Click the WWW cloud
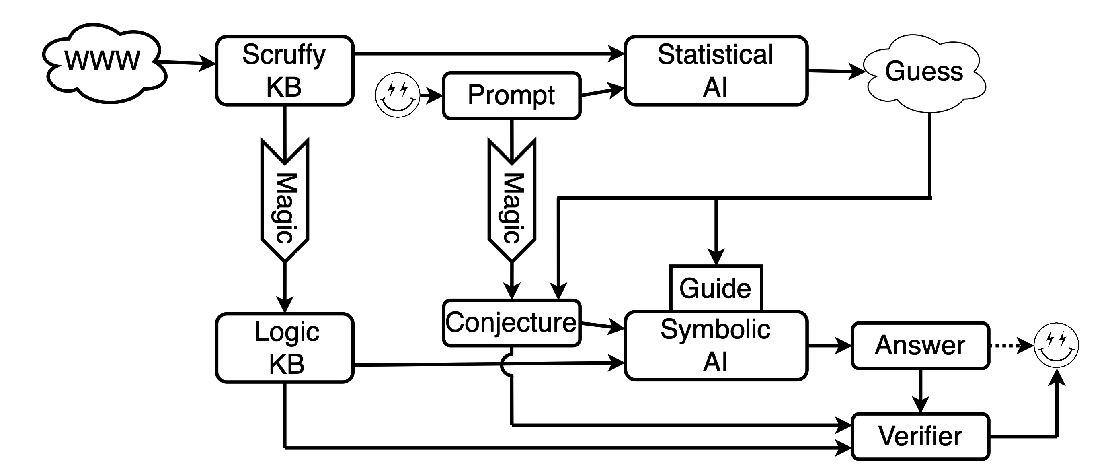(104, 63)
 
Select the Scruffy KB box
(285, 70)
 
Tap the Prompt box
(512, 95)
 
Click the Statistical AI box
(716, 70)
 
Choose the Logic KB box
(285, 348)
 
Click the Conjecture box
(512, 323)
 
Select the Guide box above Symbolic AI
(716, 288)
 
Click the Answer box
(920, 346)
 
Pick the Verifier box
(920, 436)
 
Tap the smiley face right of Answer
(1056, 345)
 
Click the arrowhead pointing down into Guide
(716, 256)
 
